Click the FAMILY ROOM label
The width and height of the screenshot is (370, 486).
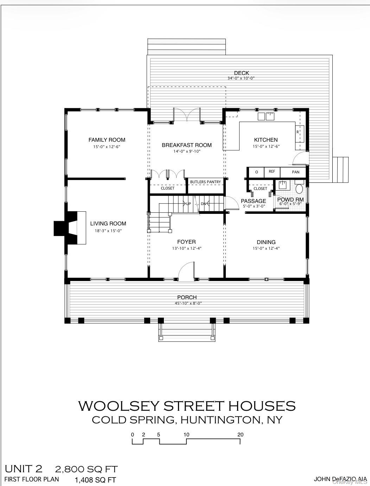(107, 140)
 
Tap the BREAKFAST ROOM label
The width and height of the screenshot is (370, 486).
(186, 145)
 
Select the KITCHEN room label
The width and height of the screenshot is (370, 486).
(266, 140)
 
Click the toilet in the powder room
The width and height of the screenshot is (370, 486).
(299, 189)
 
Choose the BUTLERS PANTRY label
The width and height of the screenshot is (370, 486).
(205, 182)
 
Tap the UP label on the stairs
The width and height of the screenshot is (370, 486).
(189, 204)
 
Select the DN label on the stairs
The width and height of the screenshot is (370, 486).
(203, 204)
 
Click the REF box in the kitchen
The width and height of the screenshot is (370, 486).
(272, 172)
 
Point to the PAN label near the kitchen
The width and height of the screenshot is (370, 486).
(295, 172)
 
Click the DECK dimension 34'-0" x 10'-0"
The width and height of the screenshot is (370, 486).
(241, 78)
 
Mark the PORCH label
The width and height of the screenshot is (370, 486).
(187, 297)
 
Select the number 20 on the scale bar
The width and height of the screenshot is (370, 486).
(240, 435)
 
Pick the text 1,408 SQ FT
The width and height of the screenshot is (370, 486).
(95, 480)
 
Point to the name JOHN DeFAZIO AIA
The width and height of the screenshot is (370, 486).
(340, 479)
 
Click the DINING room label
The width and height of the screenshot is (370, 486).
(266, 242)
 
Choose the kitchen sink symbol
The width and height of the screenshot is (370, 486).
(266, 116)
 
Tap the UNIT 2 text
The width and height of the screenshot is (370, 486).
(23, 469)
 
